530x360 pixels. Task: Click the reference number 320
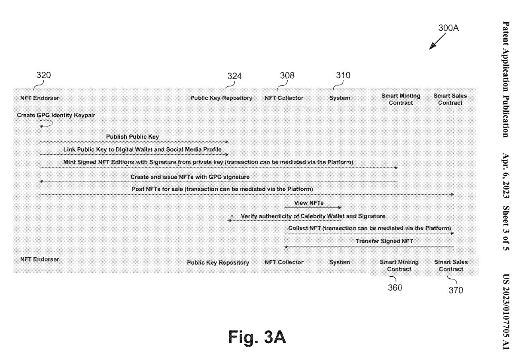43,75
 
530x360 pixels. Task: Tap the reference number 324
234,76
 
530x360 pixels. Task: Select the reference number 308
287,76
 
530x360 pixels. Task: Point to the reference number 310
343,75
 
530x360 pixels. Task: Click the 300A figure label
448,28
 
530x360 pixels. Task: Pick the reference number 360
395,287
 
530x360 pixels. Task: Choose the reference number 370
456,290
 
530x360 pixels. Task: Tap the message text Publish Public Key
133,137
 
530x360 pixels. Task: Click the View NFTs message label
309,202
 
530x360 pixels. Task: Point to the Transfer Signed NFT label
384,241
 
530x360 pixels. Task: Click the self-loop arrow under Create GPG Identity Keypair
46,124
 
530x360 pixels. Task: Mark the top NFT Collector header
284,98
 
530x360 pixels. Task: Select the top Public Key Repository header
221,98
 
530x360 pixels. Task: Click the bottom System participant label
339,262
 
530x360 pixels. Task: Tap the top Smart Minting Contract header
400,99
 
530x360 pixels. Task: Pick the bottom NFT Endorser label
40,259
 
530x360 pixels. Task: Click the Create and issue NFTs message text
190,177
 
